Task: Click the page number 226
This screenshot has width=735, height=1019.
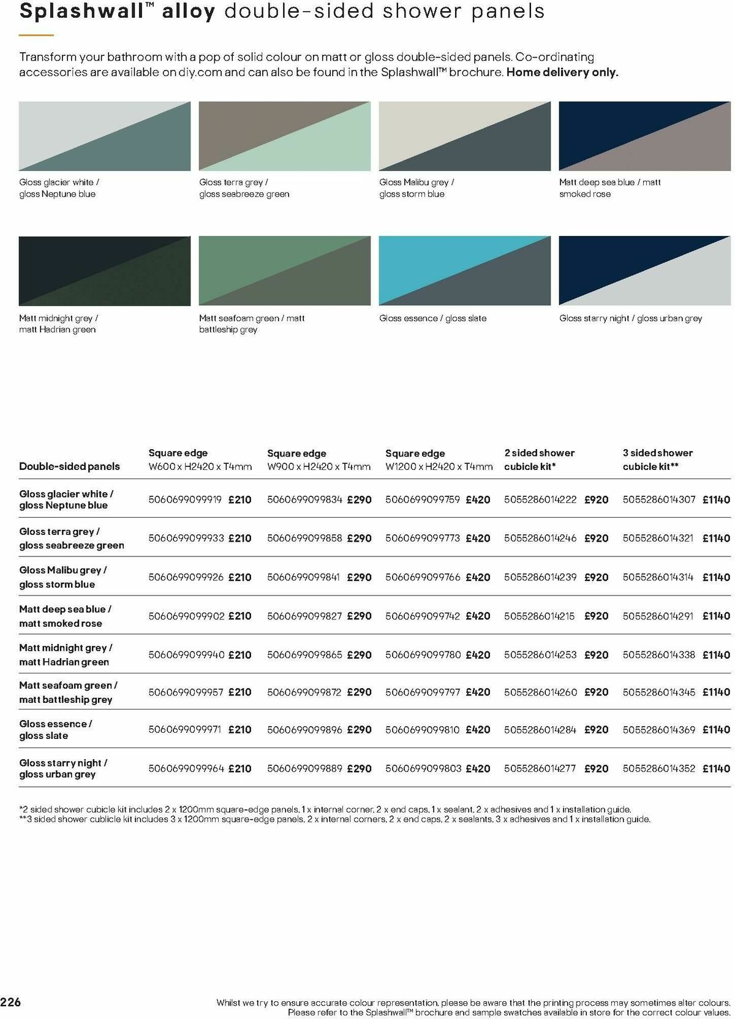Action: point(11,1002)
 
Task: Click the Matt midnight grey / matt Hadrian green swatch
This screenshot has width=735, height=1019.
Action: point(104,270)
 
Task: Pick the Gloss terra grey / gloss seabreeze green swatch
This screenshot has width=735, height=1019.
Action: point(284,136)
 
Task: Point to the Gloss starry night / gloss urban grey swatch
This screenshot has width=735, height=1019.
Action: point(644,270)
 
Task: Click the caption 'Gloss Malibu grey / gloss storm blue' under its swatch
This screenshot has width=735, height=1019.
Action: point(417,188)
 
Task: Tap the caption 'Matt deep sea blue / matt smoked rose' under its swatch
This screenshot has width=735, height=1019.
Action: point(609,188)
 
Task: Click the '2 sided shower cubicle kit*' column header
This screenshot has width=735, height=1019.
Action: point(539,460)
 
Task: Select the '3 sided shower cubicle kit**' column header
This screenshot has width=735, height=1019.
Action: point(657,460)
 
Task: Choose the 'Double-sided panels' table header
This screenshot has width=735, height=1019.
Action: point(69,466)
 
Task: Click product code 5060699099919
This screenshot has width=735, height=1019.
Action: point(185,499)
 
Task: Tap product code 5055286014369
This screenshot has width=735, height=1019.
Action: point(659,729)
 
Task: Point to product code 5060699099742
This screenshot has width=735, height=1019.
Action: point(423,616)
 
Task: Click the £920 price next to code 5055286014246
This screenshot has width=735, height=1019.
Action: point(596,538)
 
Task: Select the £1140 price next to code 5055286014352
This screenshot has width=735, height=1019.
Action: point(716,768)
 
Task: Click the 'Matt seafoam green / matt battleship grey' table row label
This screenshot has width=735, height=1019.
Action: point(68,692)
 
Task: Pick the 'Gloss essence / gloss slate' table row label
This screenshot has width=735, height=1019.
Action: point(56,729)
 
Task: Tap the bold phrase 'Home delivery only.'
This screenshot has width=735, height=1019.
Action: point(562,72)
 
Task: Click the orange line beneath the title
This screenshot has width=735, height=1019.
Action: point(36,36)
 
